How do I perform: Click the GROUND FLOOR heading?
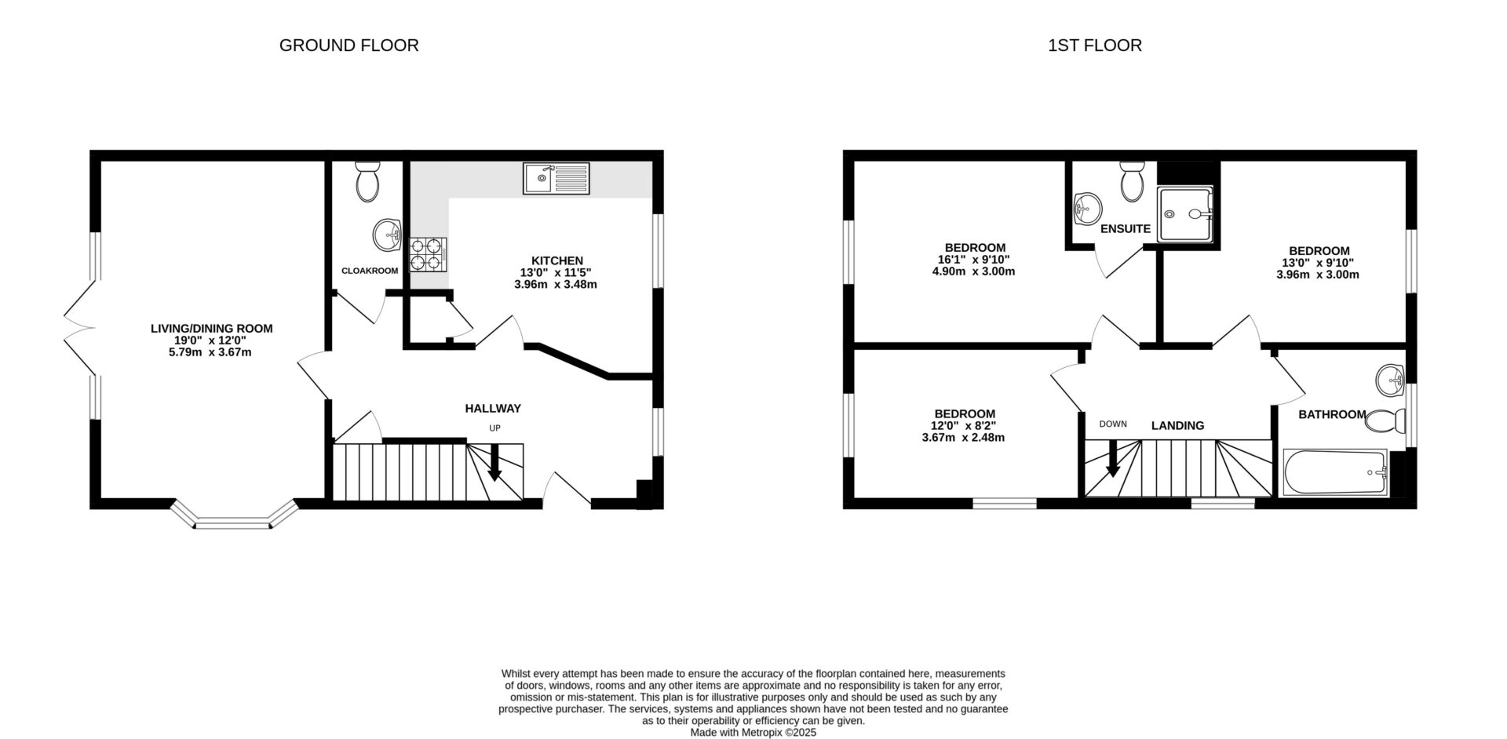point(348,46)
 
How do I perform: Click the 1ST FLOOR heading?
point(1094,46)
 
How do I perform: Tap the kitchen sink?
point(556,179)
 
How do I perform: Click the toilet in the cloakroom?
point(367,182)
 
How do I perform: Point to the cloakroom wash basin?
point(387,235)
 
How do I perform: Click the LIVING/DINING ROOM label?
point(211,329)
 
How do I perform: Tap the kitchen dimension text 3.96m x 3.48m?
point(555,285)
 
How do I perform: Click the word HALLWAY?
point(493,409)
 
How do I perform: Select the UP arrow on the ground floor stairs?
point(494,463)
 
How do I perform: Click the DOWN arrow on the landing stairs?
point(1112,459)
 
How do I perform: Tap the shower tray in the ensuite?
point(1185,213)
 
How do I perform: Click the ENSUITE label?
point(1125,229)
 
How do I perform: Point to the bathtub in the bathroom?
point(1334,472)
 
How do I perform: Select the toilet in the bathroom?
point(1385,422)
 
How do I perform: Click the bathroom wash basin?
point(1390,380)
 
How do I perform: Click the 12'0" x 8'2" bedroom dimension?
point(963,426)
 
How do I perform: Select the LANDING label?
point(1177,426)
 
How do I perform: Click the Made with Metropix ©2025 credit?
point(753,733)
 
